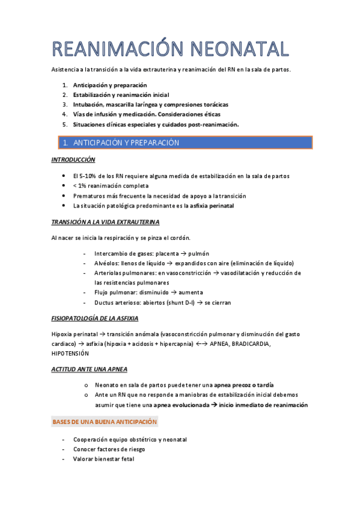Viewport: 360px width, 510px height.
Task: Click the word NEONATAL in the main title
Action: (238, 48)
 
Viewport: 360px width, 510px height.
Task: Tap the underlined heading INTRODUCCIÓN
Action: (73, 161)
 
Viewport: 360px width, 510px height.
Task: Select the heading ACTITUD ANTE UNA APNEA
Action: (90, 368)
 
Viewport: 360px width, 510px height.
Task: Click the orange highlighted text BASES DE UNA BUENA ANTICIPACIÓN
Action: (109, 422)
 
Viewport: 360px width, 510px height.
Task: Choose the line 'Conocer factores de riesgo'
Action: (109, 449)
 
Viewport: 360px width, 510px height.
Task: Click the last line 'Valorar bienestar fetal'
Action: (103, 459)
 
